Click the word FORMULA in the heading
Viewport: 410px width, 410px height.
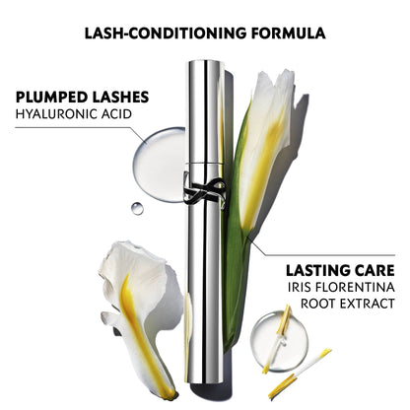(289, 34)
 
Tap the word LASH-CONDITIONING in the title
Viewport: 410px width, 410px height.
(166, 34)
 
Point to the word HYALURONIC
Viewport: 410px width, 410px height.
(56, 114)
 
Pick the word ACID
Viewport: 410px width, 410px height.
(116, 114)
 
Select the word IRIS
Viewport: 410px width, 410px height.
(299, 287)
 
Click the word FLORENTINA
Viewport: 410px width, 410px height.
(355, 287)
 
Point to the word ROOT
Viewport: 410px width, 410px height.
(318, 304)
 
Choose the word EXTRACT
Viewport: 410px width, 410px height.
(368, 304)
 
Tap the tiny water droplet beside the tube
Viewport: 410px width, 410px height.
(137, 208)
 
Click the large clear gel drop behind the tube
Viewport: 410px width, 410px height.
(160, 165)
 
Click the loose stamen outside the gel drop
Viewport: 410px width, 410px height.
(300, 374)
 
